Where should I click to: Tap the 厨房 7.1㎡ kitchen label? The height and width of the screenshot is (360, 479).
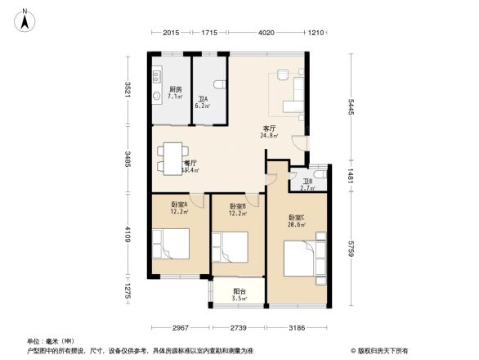(175, 92)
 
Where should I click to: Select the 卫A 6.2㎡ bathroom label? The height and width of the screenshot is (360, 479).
(202, 102)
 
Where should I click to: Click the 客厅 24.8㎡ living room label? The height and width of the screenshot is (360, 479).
(269, 131)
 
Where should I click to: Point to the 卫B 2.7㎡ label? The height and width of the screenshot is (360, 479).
(307, 184)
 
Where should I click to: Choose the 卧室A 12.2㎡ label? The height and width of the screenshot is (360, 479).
(179, 208)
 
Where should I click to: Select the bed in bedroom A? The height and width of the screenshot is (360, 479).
(173, 243)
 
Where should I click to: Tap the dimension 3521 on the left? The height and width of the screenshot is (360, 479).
(128, 88)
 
